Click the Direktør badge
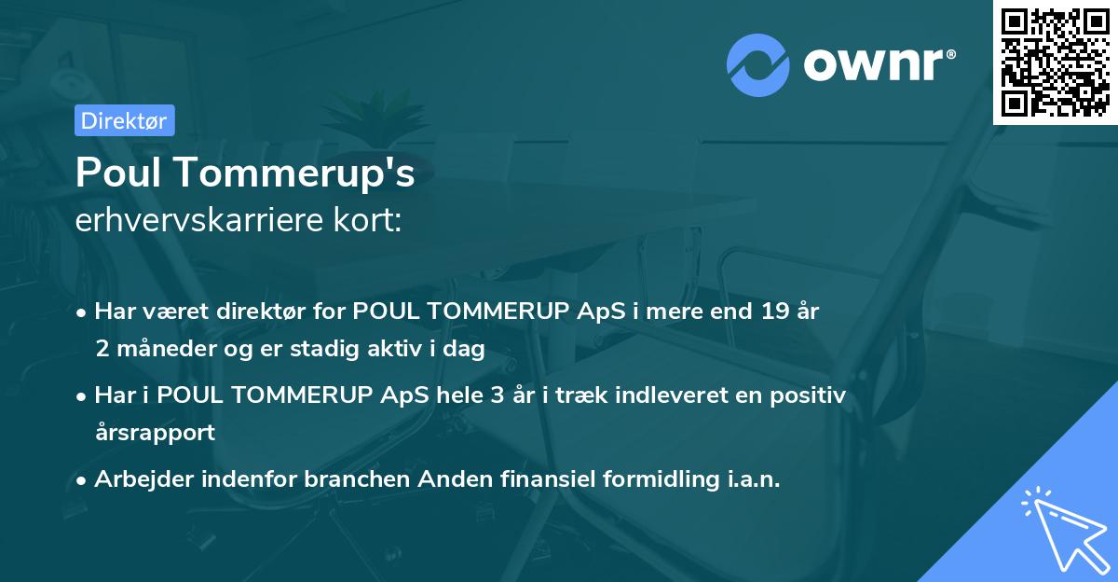[125, 120]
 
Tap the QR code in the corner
[1055, 62]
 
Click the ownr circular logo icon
[758, 65]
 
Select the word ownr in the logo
[876, 65]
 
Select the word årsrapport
[155, 432]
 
